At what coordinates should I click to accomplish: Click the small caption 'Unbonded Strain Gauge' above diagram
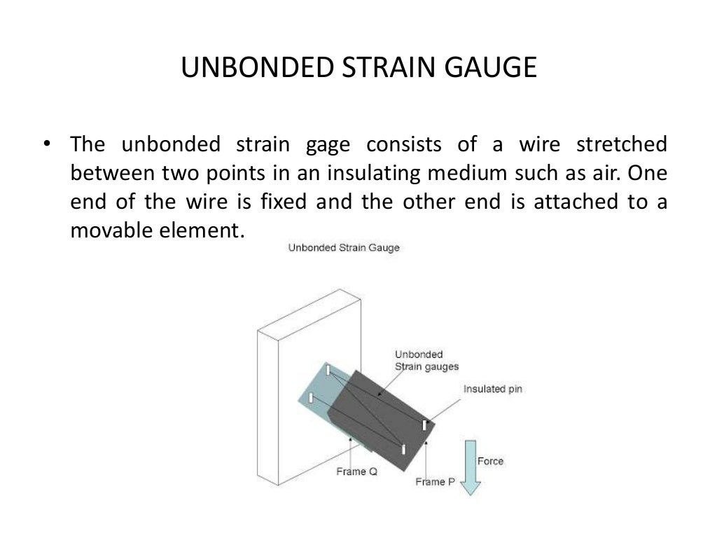tap(344, 248)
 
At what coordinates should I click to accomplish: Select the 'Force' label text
tap(490, 461)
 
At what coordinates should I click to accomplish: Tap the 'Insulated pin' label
tap(493, 389)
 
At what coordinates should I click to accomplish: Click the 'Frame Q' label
tap(356, 471)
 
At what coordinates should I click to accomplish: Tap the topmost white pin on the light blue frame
tap(327, 370)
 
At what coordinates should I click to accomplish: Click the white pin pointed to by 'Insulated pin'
tap(424, 425)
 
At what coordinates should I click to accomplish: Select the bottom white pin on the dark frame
tap(403, 448)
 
